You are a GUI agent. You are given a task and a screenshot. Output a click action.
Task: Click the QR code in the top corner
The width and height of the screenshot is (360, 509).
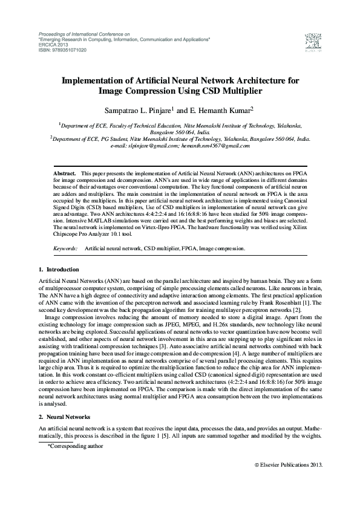311,41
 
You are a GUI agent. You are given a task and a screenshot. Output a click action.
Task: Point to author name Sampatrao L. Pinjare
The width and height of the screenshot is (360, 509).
138,111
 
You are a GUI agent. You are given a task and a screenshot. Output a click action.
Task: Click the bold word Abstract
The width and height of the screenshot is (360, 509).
65,172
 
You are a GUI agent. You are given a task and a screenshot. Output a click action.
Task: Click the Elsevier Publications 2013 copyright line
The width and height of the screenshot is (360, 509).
288,464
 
